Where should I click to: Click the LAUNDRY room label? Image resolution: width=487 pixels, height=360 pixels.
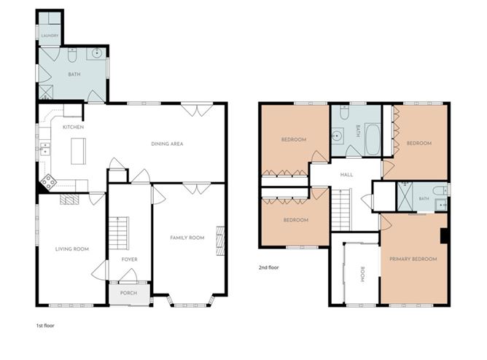pyautogui.click(x=50, y=36)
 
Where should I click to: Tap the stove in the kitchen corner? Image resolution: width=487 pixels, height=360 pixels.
pyautogui.click(x=48, y=181)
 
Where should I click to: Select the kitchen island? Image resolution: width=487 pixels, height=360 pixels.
pyautogui.click(x=78, y=151)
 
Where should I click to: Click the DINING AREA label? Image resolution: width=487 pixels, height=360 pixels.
pyautogui.click(x=167, y=144)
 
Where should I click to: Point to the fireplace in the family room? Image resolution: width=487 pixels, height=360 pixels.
pyautogui.click(x=220, y=240)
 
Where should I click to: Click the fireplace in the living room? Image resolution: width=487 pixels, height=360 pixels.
pyautogui.click(x=69, y=199)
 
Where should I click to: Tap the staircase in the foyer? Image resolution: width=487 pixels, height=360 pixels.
pyautogui.click(x=119, y=233)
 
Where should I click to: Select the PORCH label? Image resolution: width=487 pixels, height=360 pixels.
pyautogui.click(x=128, y=293)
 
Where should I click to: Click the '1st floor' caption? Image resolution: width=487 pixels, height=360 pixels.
pyautogui.click(x=45, y=326)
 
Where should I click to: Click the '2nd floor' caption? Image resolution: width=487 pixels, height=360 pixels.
pyautogui.click(x=269, y=267)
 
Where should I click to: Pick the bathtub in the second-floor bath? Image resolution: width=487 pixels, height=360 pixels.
pyautogui.click(x=373, y=139)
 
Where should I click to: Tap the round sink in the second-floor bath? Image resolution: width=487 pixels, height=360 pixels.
pyautogui.click(x=337, y=136)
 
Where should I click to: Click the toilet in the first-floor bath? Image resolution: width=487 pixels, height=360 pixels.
pyautogui.click(x=72, y=55)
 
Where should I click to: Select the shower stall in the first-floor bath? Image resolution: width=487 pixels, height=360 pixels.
pyautogui.click(x=46, y=92)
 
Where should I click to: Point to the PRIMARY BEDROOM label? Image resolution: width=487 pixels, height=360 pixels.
pyautogui.click(x=413, y=259)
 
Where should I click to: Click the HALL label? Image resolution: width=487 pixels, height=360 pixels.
pyautogui.click(x=346, y=175)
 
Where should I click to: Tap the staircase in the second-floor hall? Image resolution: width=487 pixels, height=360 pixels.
pyautogui.click(x=341, y=210)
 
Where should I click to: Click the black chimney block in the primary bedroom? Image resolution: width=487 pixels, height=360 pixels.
pyautogui.click(x=444, y=236)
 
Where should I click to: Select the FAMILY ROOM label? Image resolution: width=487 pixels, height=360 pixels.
pyautogui.click(x=187, y=238)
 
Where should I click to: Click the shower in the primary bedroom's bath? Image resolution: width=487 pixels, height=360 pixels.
pyautogui.click(x=405, y=197)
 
